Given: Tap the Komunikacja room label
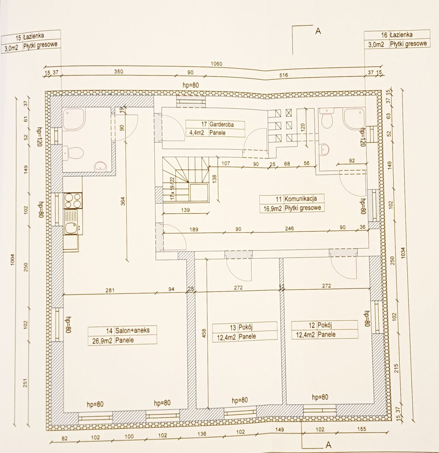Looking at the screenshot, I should pos(301,198).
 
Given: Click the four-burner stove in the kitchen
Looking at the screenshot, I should pos(72,200).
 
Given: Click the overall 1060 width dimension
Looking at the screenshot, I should pos(216,64).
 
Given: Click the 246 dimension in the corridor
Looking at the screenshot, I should pos(289,228).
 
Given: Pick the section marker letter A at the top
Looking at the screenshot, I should pos(318,32).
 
